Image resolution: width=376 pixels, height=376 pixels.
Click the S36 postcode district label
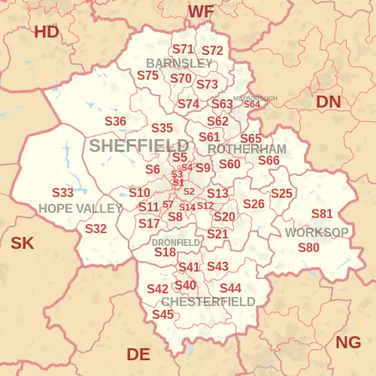click(x=115, y=121)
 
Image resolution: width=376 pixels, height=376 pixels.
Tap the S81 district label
click(x=322, y=214)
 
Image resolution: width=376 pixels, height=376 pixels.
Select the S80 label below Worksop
click(x=308, y=247)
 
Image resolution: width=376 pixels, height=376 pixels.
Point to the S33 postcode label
click(x=62, y=193)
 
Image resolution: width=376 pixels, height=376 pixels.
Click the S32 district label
click(x=96, y=229)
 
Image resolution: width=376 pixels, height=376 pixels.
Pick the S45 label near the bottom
click(x=162, y=314)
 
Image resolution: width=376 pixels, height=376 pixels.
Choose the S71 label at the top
click(x=183, y=49)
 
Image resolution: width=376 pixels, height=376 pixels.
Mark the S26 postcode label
click(x=253, y=204)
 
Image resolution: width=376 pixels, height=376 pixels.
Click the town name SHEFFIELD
click(x=139, y=145)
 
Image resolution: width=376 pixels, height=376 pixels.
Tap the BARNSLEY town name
click(x=180, y=63)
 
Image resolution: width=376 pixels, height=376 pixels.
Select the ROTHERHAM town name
click(x=247, y=149)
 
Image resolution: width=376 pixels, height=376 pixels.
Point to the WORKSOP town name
click(x=317, y=232)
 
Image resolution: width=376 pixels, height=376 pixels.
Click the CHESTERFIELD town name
click(x=208, y=301)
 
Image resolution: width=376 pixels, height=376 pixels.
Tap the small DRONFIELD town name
click(x=176, y=243)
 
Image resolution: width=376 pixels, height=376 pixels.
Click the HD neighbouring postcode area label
click(x=47, y=32)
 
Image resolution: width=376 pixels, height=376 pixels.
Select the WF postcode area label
click(x=201, y=11)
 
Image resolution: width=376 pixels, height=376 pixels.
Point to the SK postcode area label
click(x=23, y=243)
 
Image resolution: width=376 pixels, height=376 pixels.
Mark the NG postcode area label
click(x=348, y=343)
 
